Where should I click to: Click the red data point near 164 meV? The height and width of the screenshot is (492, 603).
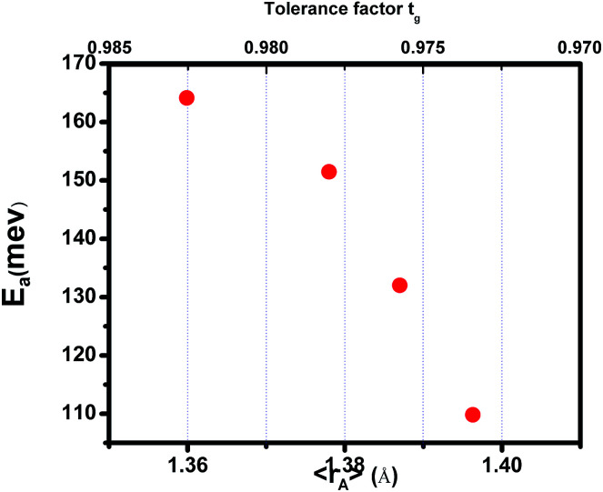pos(186,97)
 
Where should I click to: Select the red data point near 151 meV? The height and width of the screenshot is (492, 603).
pos(329,171)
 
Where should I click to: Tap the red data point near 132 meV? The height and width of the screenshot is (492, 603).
pos(399,285)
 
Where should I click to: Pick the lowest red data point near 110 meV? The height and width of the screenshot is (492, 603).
pos(472,415)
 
